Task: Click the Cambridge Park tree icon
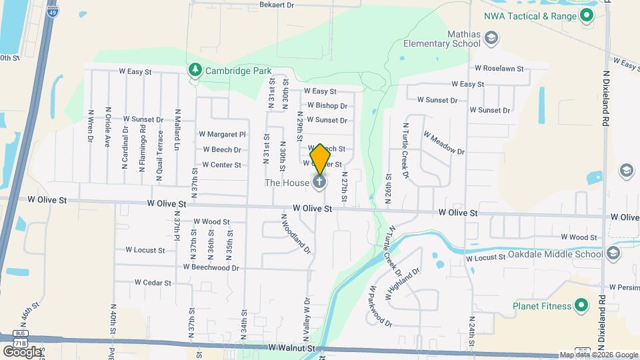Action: click(194, 69)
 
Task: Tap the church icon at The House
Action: click(319, 181)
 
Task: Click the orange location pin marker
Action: click(321, 158)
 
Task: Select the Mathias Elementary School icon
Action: click(491, 39)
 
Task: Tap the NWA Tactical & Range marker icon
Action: click(587, 17)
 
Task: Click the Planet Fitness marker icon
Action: click(581, 306)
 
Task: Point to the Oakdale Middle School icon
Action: click(613, 253)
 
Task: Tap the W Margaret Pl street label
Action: click(223, 134)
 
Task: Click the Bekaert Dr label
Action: click(276, 5)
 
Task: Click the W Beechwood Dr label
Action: click(211, 267)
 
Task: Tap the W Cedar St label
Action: click(153, 283)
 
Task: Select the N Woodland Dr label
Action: click(296, 234)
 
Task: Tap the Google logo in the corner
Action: click(22, 351)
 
